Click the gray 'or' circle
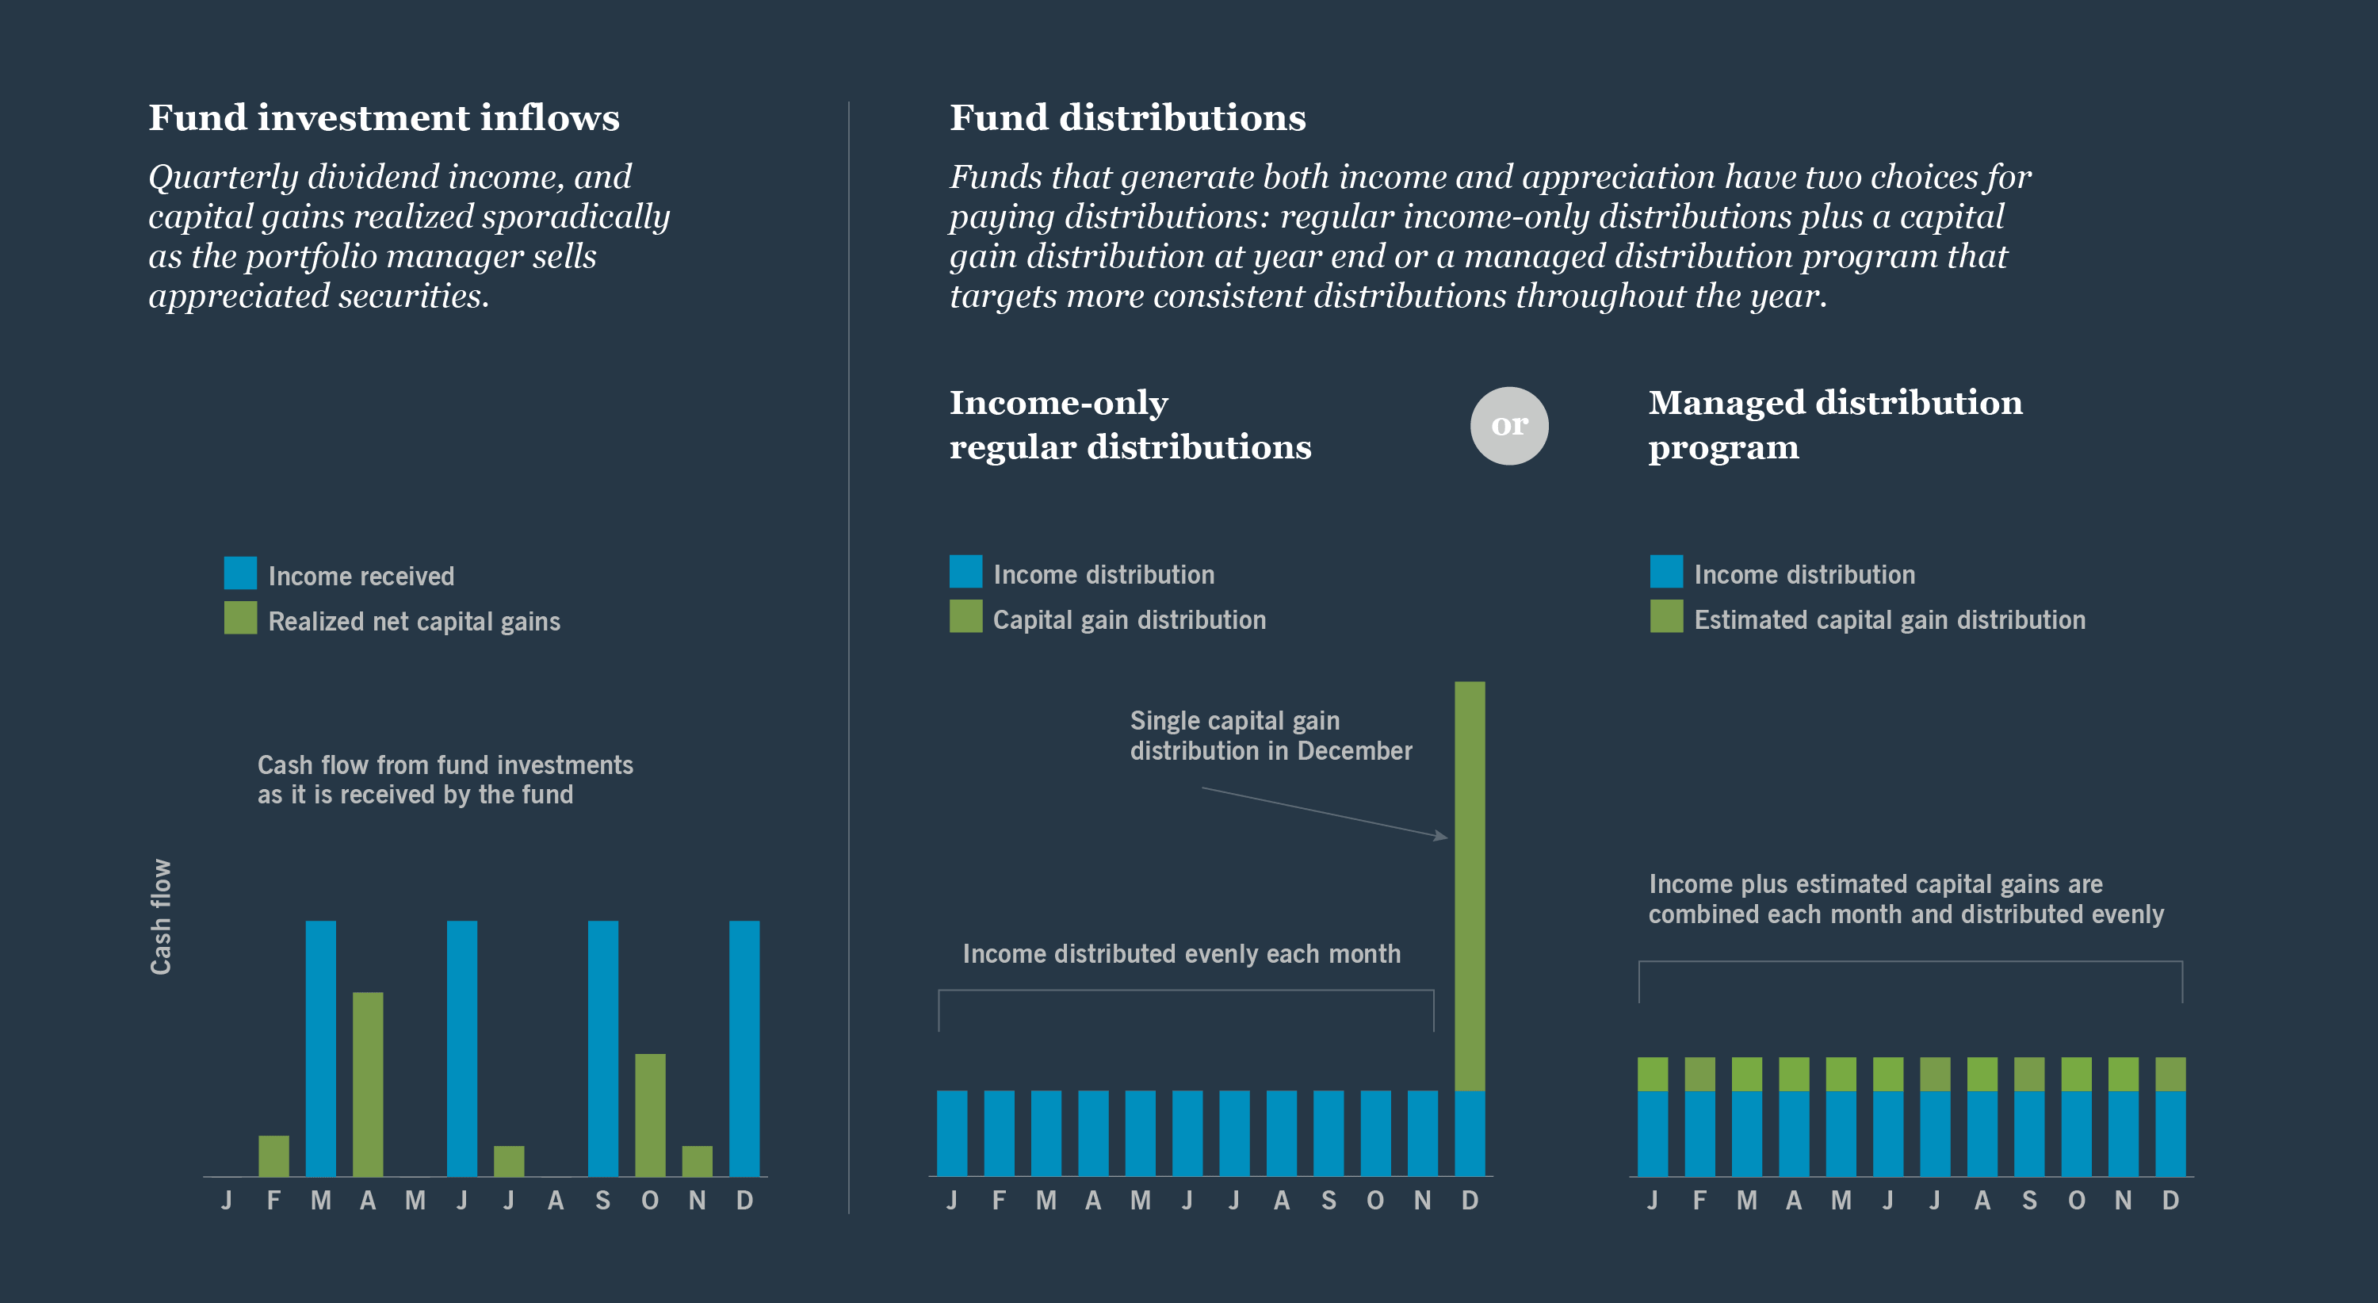coord(1508,425)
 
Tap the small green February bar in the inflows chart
coord(273,1155)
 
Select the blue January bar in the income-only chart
coord(952,1132)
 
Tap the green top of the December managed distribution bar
coord(2170,1074)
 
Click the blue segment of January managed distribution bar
coord(1653,1133)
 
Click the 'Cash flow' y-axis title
coord(161,916)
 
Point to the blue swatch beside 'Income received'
coord(240,573)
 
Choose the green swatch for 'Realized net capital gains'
coord(240,618)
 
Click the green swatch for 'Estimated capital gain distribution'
coord(1666,616)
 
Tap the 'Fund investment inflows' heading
coord(384,117)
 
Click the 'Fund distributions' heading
coord(1127,117)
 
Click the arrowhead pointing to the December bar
coord(1441,836)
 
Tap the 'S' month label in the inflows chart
coord(602,1201)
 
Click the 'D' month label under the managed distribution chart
coord(2170,1201)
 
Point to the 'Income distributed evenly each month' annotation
coord(1181,954)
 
